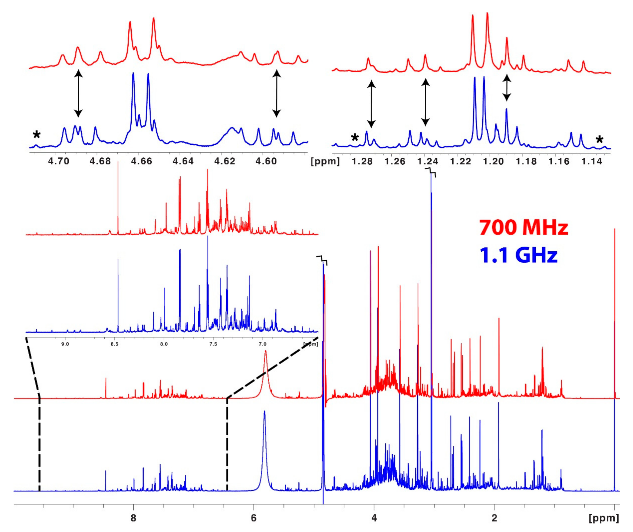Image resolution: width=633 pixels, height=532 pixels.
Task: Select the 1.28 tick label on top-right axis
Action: pos(362,161)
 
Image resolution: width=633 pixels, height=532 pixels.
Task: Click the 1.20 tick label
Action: pos(493,161)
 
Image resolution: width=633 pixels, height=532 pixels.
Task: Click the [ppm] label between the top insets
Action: pos(325,161)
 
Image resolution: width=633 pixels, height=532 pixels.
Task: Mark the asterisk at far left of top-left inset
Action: pos(37,135)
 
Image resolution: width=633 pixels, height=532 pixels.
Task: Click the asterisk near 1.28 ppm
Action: pos(355,138)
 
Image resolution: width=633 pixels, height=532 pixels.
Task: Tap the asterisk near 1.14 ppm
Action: pos(599,140)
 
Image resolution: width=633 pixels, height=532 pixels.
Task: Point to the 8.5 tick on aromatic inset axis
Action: pos(114,344)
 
